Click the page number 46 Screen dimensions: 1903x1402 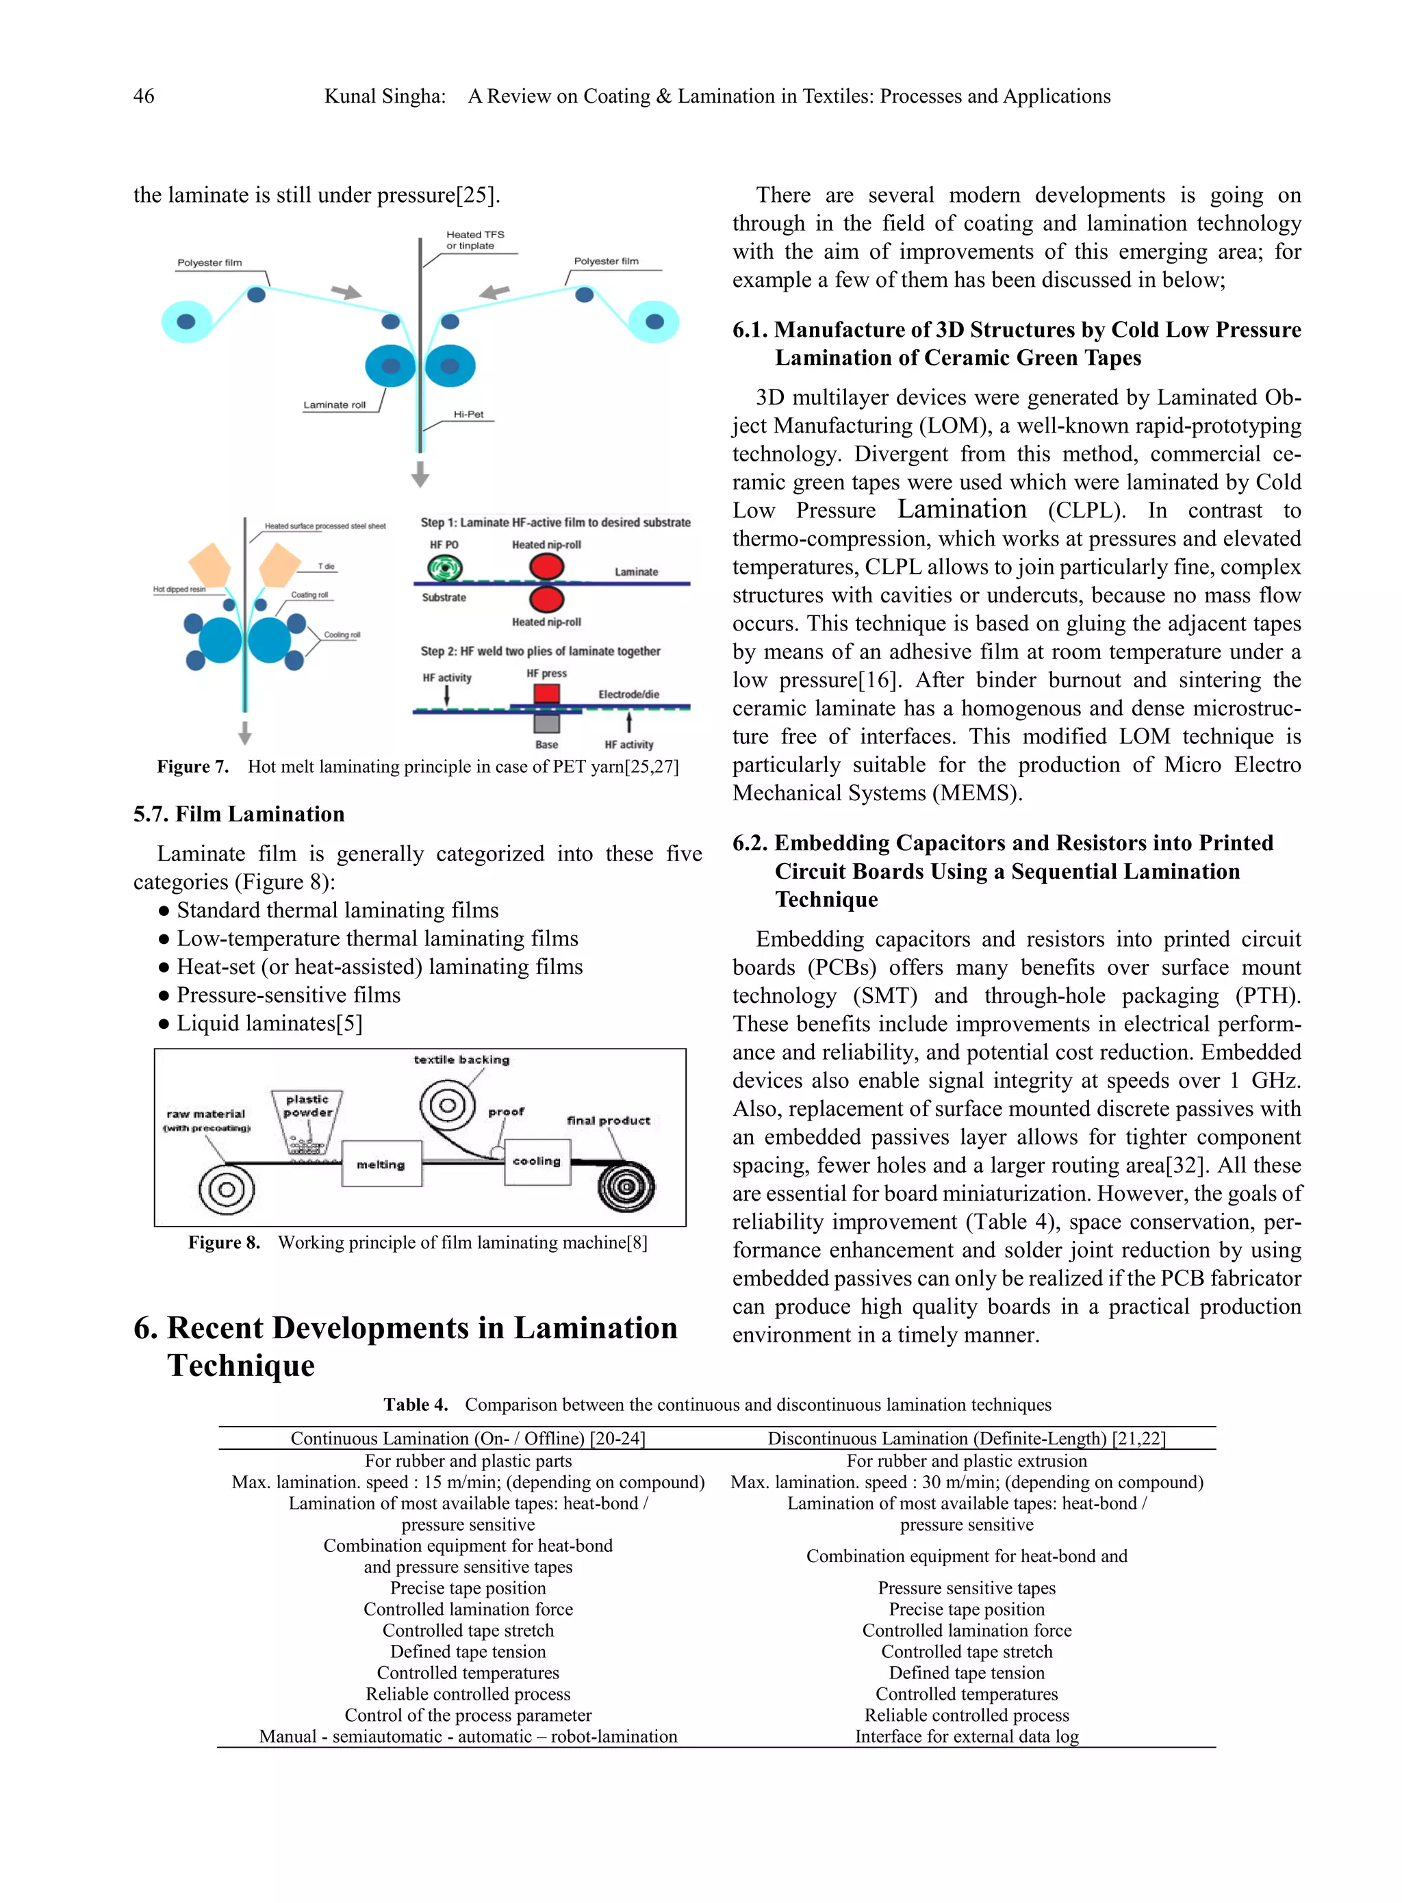coord(144,96)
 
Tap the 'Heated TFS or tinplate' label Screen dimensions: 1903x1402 coord(474,240)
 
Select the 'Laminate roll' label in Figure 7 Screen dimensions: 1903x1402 coord(334,405)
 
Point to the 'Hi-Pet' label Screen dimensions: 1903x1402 coord(468,414)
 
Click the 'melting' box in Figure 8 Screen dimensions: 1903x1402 coord(381,1164)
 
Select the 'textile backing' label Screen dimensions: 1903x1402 coord(461,1060)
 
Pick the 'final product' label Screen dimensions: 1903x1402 coord(608,1120)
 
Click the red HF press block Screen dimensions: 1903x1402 coord(546,693)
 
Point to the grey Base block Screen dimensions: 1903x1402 coord(546,723)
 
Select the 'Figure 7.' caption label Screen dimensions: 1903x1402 coord(192,767)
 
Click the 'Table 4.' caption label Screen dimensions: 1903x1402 coord(415,1405)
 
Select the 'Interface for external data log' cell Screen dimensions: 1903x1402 coord(967,1736)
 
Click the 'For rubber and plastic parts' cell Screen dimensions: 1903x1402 coord(468,1461)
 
